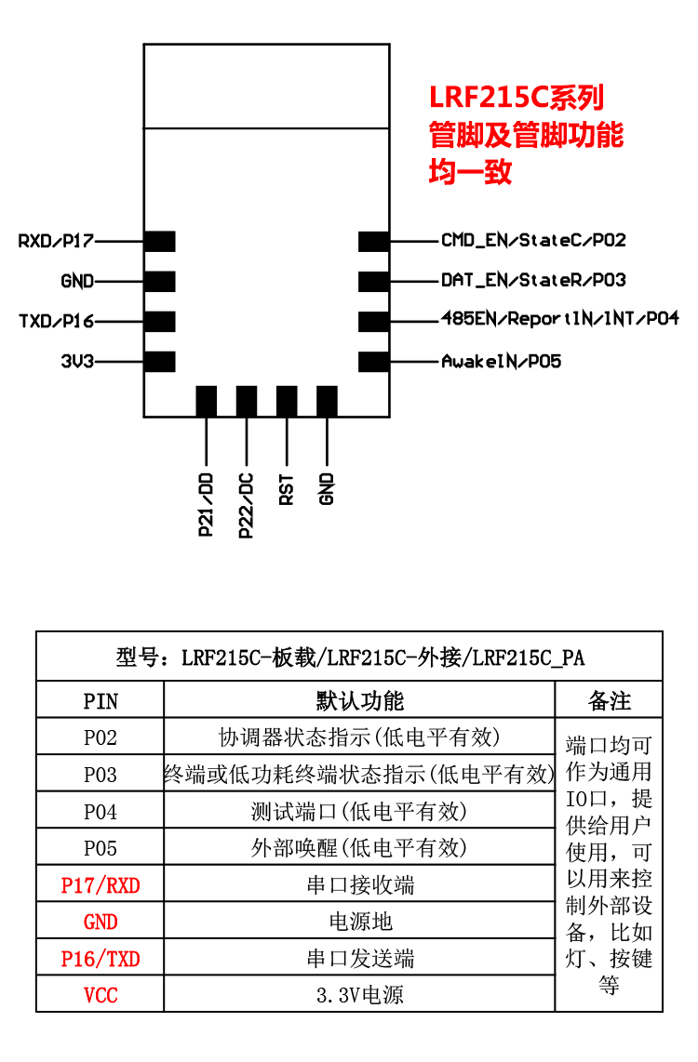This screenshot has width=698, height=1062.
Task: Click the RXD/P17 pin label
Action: pyautogui.click(x=56, y=241)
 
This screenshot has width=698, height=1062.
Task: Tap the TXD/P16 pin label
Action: pyautogui.click(x=56, y=322)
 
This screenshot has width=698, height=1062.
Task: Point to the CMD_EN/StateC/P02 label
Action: pyautogui.click(x=533, y=240)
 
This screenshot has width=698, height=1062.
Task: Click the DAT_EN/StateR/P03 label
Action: pyautogui.click(x=533, y=280)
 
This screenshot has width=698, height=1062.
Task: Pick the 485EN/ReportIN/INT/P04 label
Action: pyautogui.click(x=559, y=319)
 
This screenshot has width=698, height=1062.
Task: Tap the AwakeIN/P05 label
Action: pyautogui.click(x=501, y=361)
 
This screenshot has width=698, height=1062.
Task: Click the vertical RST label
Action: pyautogui.click(x=287, y=488)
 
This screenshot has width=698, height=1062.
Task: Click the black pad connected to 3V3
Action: pyautogui.click(x=160, y=362)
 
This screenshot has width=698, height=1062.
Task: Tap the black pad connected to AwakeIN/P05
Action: pyautogui.click(x=373, y=362)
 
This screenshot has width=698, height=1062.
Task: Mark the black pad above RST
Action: pyautogui.click(x=287, y=402)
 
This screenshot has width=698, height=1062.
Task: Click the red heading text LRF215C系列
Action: pyautogui.click(x=517, y=98)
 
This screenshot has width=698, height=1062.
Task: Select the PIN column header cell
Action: pyautogui.click(x=101, y=700)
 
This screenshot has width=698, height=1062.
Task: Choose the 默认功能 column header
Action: pyautogui.click(x=360, y=700)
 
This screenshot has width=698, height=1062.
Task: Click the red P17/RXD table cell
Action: pyautogui.click(x=101, y=884)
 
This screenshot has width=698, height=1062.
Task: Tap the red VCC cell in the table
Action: pyautogui.click(x=101, y=995)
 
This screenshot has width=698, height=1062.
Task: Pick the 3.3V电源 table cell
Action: pyautogui.click(x=360, y=995)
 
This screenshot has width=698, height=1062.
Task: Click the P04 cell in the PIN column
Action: pyautogui.click(x=101, y=811)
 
